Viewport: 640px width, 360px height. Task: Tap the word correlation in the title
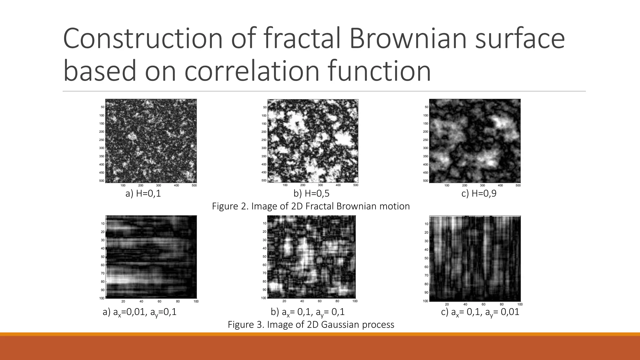[x=252, y=71]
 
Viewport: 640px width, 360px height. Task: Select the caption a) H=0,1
[x=143, y=194]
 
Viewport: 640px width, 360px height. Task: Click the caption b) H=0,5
[x=311, y=194]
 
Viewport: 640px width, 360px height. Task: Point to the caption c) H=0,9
[x=479, y=194]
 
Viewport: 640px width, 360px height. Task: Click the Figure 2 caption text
[x=311, y=206]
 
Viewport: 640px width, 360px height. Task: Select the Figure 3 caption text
[x=311, y=325]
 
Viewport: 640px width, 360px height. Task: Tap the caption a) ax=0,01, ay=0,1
[x=140, y=312]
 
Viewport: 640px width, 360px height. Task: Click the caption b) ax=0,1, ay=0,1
[x=307, y=312]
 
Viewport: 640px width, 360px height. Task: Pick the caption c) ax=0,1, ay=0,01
[x=480, y=312]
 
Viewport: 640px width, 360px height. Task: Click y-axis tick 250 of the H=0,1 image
[x=102, y=140]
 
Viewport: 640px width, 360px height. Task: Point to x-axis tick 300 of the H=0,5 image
[x=320, y=185]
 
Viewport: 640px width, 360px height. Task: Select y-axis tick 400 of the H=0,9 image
[x=425, y=164]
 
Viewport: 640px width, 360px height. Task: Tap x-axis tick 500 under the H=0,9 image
[x=518, y=186]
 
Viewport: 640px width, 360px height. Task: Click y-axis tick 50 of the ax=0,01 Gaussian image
[x=102, y=257]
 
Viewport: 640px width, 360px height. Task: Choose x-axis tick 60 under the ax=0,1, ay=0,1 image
[x=320, y=301]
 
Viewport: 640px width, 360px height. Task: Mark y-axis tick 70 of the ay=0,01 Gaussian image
[x=426, y=276]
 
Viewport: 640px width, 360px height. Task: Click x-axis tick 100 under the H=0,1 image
[x=123, y=186]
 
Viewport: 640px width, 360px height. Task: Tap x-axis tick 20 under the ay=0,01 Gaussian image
[x=447, y=304]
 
